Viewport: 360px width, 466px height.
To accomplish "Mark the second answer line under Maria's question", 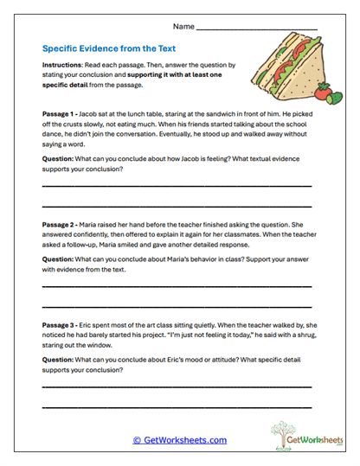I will (x=177, y=307).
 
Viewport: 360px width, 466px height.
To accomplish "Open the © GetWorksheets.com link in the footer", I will (x=180, y=440).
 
